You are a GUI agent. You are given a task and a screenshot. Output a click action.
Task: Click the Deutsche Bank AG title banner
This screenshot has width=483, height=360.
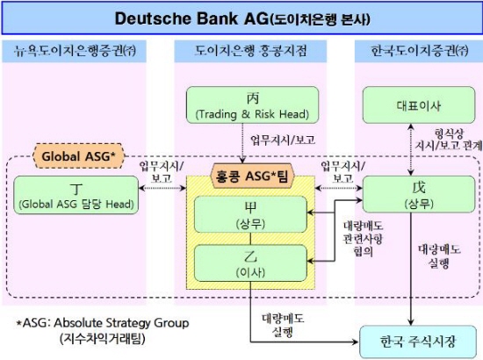(241, 18)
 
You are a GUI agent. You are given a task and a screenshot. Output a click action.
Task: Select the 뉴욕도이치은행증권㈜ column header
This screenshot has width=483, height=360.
(75, 51)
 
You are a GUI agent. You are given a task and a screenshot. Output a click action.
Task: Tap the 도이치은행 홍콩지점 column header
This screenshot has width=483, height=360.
(250, 51)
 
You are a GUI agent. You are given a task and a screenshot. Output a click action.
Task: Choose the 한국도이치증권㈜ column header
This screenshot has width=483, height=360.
(419, 51)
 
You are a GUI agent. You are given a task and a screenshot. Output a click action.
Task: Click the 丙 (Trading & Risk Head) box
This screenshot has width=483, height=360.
(253, 105)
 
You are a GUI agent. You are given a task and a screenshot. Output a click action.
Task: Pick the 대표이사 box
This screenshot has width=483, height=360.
(419, 105)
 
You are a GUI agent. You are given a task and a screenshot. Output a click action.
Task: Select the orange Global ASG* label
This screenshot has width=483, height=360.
(78, 156)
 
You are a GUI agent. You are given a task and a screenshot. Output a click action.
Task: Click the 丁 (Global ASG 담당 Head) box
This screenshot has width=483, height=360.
(76, 195)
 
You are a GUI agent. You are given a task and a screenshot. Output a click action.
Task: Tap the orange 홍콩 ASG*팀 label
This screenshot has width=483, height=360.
(252, 176)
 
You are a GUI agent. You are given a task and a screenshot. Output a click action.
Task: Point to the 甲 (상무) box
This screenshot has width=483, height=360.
(251, 214)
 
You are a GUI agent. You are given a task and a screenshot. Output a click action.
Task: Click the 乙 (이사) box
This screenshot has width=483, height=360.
(251, 263)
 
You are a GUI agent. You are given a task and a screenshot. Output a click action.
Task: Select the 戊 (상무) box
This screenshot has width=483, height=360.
(419, 194)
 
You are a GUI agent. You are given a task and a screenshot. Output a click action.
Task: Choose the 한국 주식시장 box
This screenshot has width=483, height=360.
(418, 342)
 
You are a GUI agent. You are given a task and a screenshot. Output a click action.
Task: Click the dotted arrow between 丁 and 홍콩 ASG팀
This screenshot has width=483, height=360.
(162, 188)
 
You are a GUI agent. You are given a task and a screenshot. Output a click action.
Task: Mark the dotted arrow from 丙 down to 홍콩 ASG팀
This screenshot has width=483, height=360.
(242, 143)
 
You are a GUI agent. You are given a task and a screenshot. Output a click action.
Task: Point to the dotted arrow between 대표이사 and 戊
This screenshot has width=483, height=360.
(410, 149)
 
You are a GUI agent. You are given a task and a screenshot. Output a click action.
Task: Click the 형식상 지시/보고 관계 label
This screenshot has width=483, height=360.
(449, 140)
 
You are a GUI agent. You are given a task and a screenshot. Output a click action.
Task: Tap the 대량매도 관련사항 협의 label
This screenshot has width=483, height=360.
(364, 239)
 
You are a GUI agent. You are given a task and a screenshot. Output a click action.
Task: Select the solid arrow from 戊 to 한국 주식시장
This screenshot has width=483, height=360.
(410, 269)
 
